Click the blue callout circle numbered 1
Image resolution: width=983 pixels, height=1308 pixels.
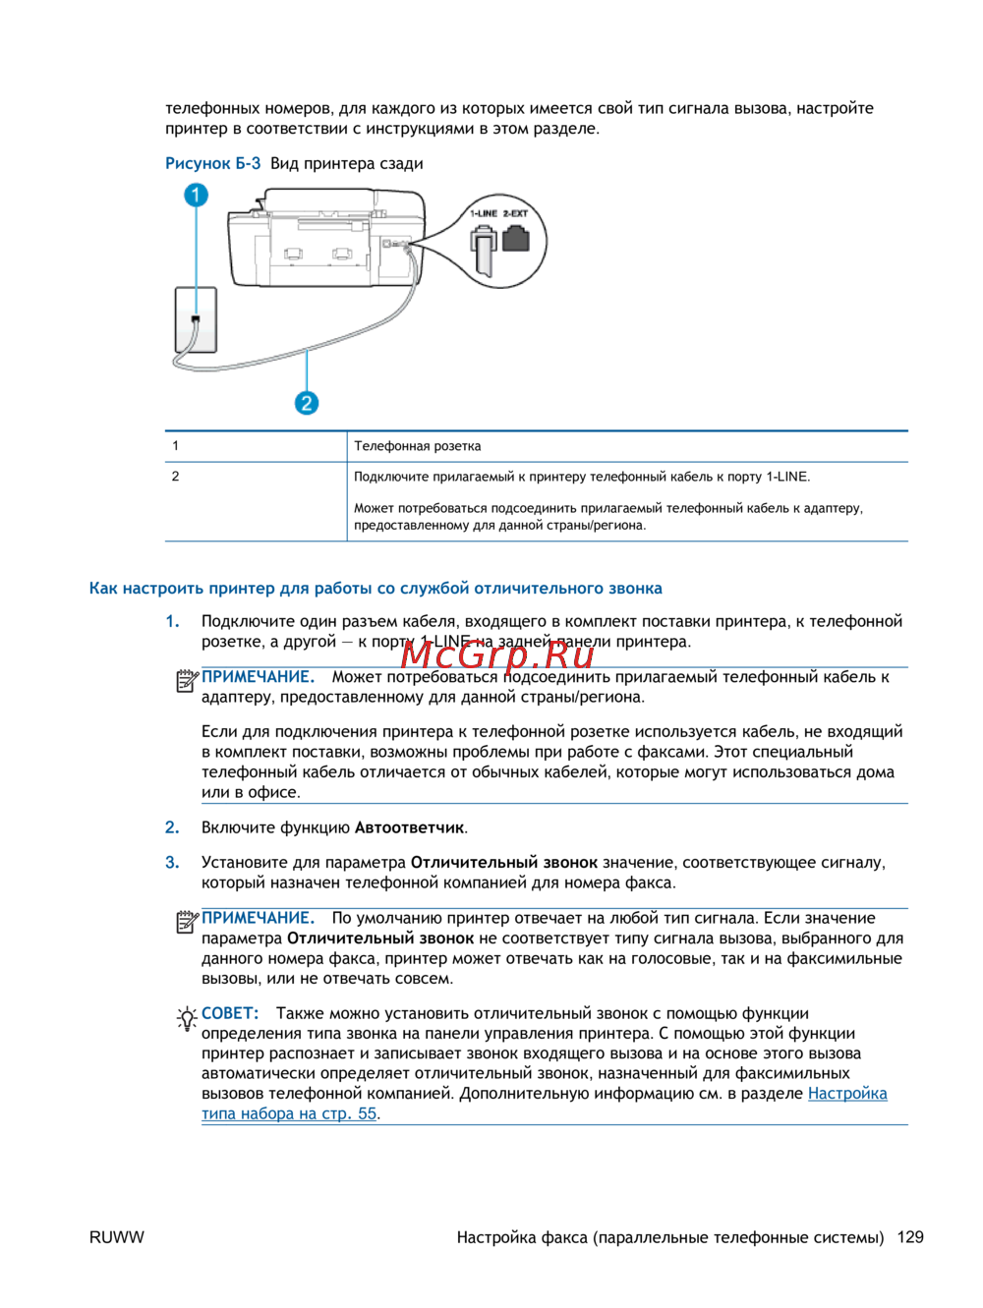(x=196, y=195)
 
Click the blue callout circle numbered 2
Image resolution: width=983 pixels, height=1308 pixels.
(x=307, y=402)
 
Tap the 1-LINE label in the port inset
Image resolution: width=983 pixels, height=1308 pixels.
(x=483, y=213)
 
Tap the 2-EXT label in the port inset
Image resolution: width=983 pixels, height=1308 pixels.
(x=515, y=213)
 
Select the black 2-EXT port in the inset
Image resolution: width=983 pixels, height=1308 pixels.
(x=516, y=239)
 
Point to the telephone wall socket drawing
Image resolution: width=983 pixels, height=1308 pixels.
(x=196, y=319)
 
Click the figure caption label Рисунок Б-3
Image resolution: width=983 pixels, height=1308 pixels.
(x=212, y=163)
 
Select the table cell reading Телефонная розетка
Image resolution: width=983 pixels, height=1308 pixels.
(x=418, y=446)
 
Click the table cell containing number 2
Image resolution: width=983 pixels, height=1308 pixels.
(x=176, y=477)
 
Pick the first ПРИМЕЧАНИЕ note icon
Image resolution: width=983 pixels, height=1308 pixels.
(x=187, y=679)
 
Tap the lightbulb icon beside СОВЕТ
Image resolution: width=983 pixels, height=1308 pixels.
(x=187, y=1018)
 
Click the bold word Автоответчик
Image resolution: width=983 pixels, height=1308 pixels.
(x=409, y=827)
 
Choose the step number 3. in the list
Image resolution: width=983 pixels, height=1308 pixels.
(x=172, y=862)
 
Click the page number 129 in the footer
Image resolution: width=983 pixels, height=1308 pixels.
(x=910, y=1237)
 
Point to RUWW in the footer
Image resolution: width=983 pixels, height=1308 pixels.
(x=116, y=1237)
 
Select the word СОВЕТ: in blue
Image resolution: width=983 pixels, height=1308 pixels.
(x=230, y=1013)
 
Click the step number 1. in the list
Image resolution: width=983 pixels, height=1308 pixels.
(x=172, y=621)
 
